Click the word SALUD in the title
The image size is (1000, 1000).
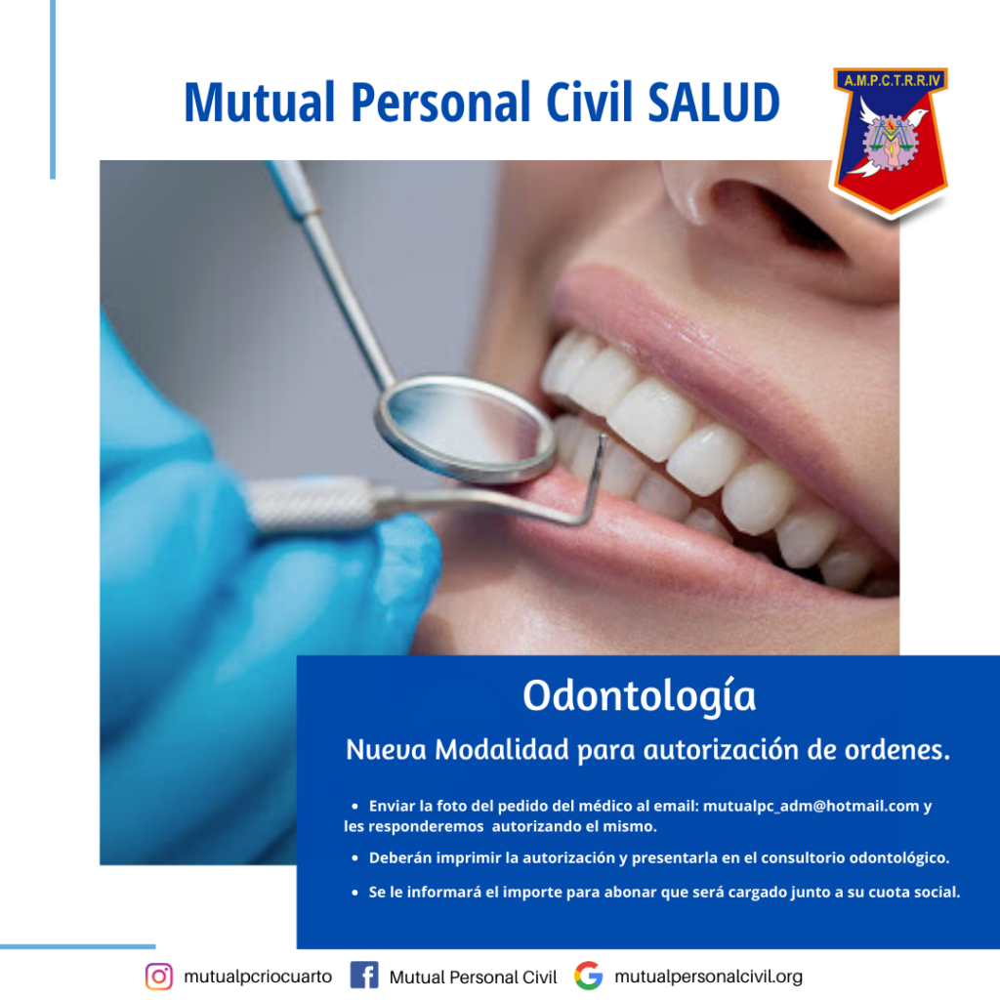[x=714, y=102]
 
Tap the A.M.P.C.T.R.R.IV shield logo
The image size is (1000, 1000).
[x=890, y=141]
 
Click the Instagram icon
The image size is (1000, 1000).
[x=159, y=977]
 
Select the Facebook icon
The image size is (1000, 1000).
[x=364, y=976]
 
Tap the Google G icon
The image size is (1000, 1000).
[x=588, y=976]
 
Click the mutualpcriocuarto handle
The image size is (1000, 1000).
[x=258, y=977]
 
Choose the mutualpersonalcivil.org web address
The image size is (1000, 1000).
[x=709, y=977]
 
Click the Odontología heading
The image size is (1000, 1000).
[x=639, y=696]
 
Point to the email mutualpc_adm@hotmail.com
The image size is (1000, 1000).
[x=811, y=806]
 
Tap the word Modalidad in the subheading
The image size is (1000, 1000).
[x=501, y=749]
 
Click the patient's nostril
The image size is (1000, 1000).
[x=774, y=217]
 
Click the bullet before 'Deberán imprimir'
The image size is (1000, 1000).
[x=354, y=858]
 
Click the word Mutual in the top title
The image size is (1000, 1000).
[x=260, y=102]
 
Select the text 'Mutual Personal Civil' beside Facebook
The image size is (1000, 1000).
[x=473, y=977]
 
